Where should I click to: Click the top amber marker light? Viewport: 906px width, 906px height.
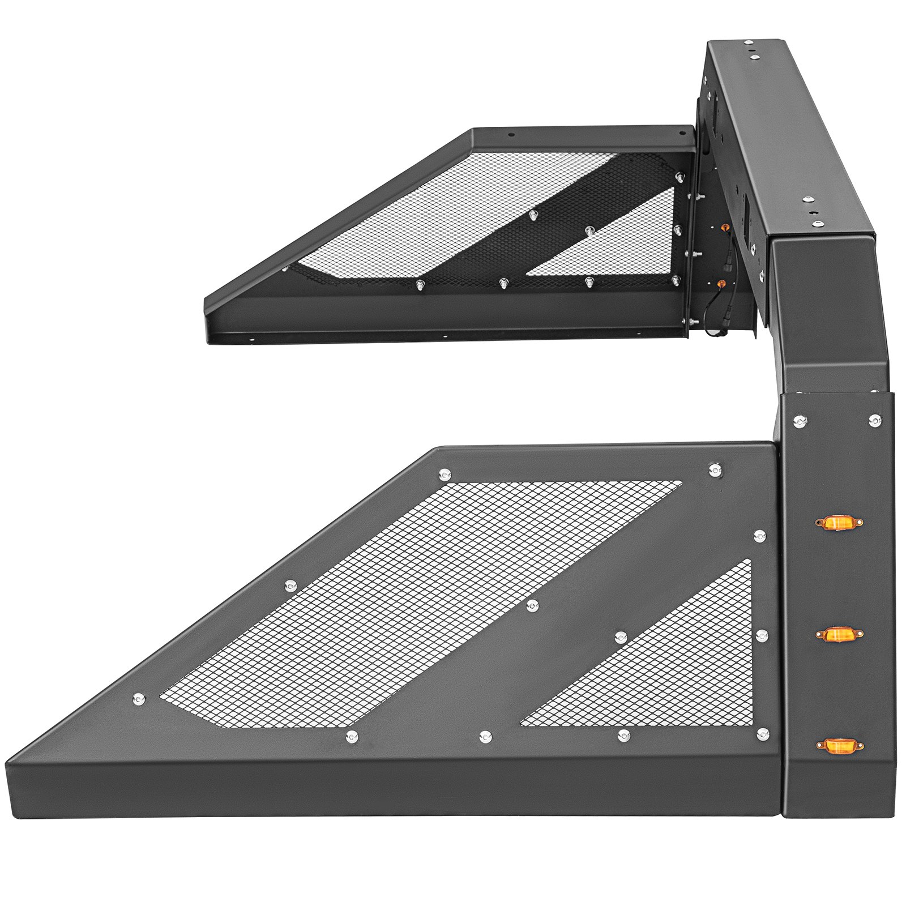coord(838,522)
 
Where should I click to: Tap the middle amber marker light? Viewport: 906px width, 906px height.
coord(838,634)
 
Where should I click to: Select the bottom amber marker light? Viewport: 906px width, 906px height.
coord(839,746)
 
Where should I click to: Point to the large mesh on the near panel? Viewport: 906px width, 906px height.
coord(396,600)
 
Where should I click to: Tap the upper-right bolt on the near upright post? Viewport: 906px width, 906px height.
coord(875,420)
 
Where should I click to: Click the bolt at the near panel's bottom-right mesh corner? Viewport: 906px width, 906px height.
coord(763,734)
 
